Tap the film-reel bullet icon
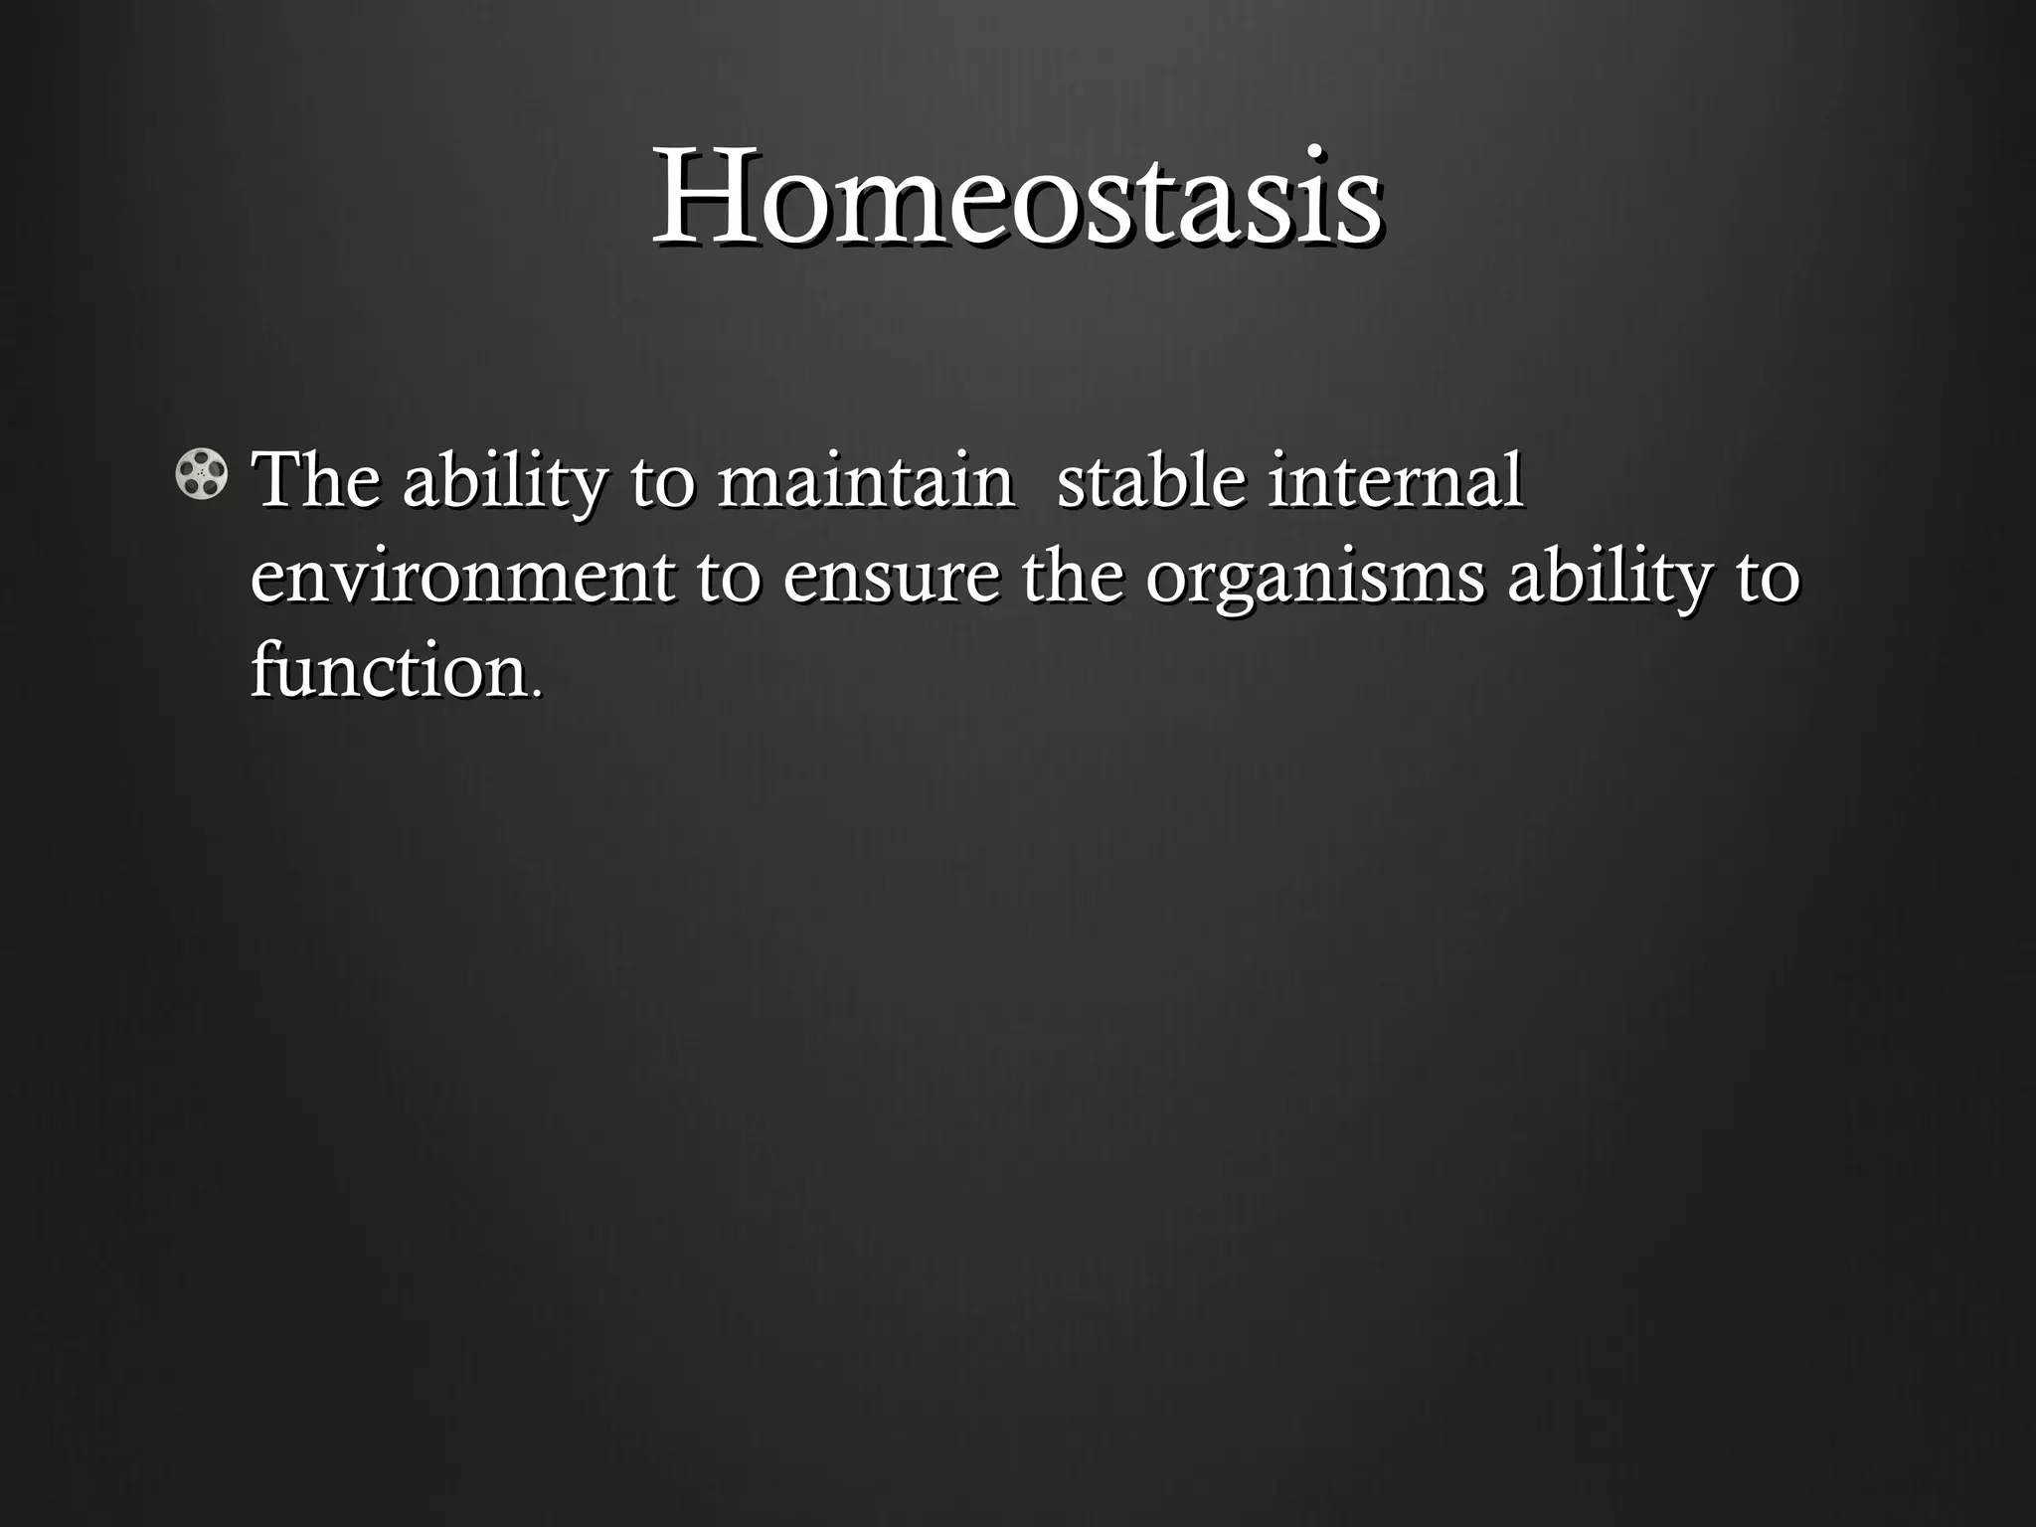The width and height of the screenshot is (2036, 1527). (201, 474)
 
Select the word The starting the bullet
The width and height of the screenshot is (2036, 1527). (315, 480)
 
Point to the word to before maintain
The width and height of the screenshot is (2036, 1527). (660, 482)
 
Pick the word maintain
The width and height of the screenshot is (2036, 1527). (865, 480)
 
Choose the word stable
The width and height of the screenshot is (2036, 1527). (1150, 480)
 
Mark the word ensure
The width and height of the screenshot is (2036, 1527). (891, 579)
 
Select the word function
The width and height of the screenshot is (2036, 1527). (388, 670)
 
